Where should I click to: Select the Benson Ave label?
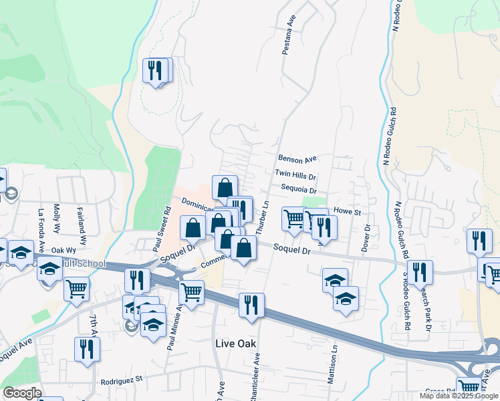coord(297,160)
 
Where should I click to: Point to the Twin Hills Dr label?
coord(295,175)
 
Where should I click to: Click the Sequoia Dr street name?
coord(297,190)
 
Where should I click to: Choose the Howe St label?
coord(347,212)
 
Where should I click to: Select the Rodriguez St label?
coord(122,381)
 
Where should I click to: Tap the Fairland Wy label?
coord(82,226)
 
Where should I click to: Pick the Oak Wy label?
coord(63,251)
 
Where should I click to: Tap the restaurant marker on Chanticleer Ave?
coord(251,304)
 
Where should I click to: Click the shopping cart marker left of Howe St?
coord(293,219)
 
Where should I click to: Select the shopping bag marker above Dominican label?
coord(225,187)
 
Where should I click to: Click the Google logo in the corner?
coord(22,393)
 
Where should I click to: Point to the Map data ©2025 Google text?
coord(459,396)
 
